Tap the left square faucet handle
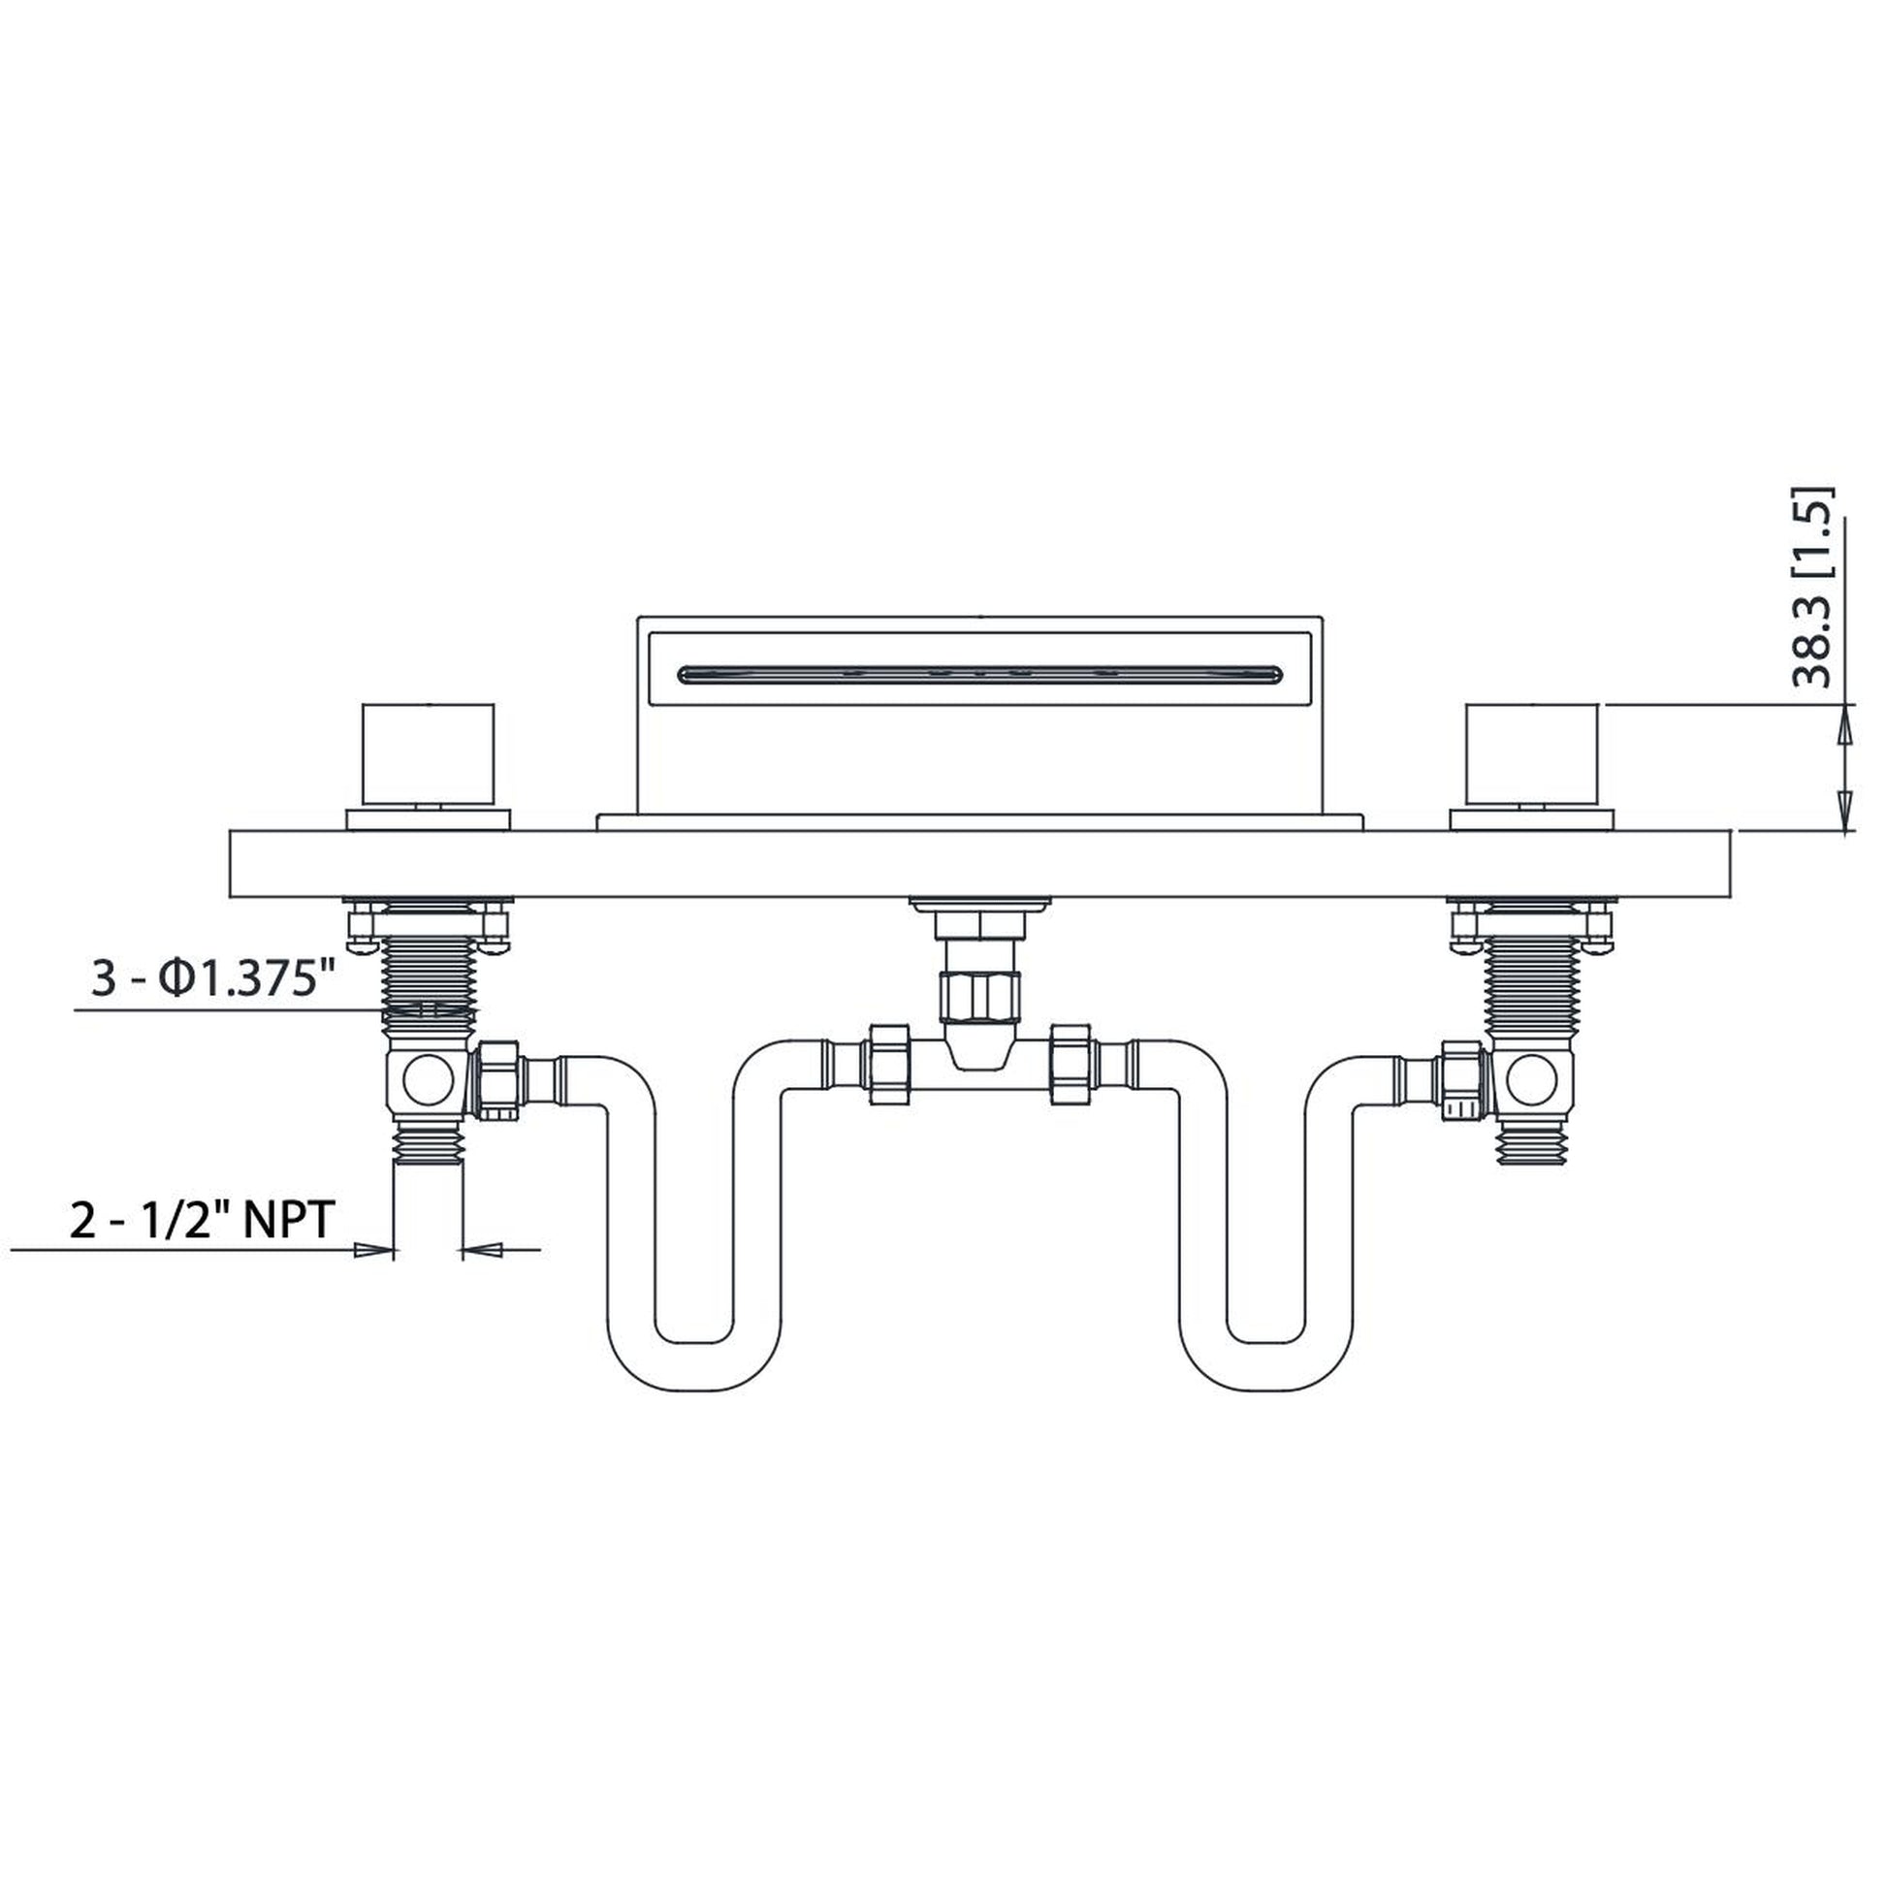[430, 752]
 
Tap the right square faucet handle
[1533, 752]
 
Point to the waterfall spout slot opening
[976, 672]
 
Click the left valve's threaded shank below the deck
[431, 976]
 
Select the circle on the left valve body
[429, 1080]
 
